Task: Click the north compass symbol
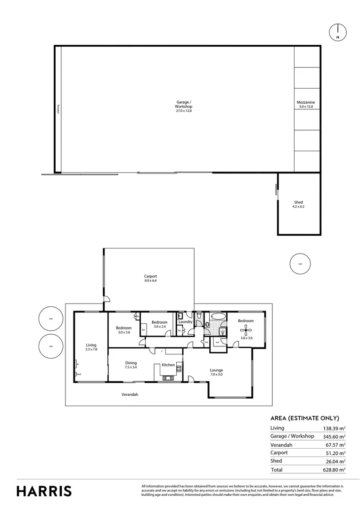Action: tap(337, 32)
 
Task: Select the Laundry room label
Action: tap(186, 322)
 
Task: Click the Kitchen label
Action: tap(168, 365)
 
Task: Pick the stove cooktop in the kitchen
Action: tap(179, 370)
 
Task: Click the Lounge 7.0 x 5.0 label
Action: tap(216, 372)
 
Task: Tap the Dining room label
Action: tap(131, 365)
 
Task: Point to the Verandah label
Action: tap(130, 394)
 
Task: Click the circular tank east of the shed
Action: tap(300, 263)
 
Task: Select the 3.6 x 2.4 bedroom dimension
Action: tap(159, 326)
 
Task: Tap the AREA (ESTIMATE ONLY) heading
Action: tap(304, 418)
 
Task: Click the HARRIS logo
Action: tap(44, 491)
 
